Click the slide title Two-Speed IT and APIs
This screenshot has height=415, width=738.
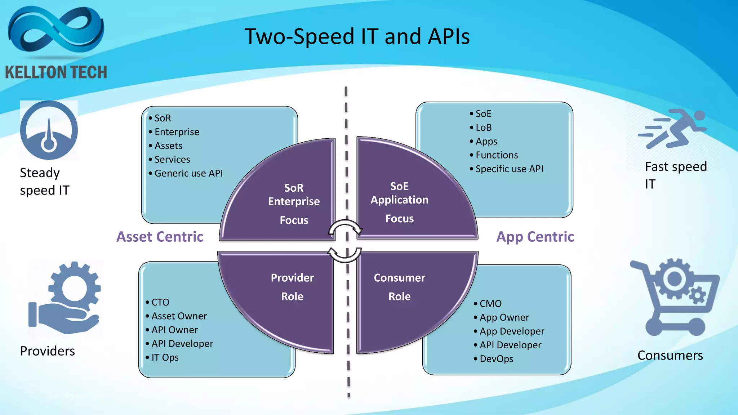(x=357, y=37)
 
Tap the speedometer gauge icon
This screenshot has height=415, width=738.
(x=49, y=130)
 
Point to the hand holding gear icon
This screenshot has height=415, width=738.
(x=65, y=298)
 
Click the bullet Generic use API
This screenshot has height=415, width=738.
(x=188, y=173)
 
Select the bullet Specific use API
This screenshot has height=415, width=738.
(x=509, y=169)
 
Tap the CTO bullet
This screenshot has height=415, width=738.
(x=160, y=302)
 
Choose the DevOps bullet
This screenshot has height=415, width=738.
(x=496, y=359)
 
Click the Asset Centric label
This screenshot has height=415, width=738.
(x=160, y=237)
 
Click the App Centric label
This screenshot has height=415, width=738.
(x=535, y=237)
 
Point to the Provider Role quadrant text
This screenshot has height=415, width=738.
(x=292, y=287)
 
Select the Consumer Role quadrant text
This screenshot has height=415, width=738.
(x=399, y=287)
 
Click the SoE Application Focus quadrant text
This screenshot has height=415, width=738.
(x=399, y=202)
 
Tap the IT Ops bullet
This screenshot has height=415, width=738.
(x=165, y=357)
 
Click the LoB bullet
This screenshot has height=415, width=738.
(x=483, y=128)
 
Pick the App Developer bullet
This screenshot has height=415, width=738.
(x=512, y=331)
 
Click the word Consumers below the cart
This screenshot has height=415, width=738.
(x=670, y=355)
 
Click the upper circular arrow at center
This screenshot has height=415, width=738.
(x=345, y=228)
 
